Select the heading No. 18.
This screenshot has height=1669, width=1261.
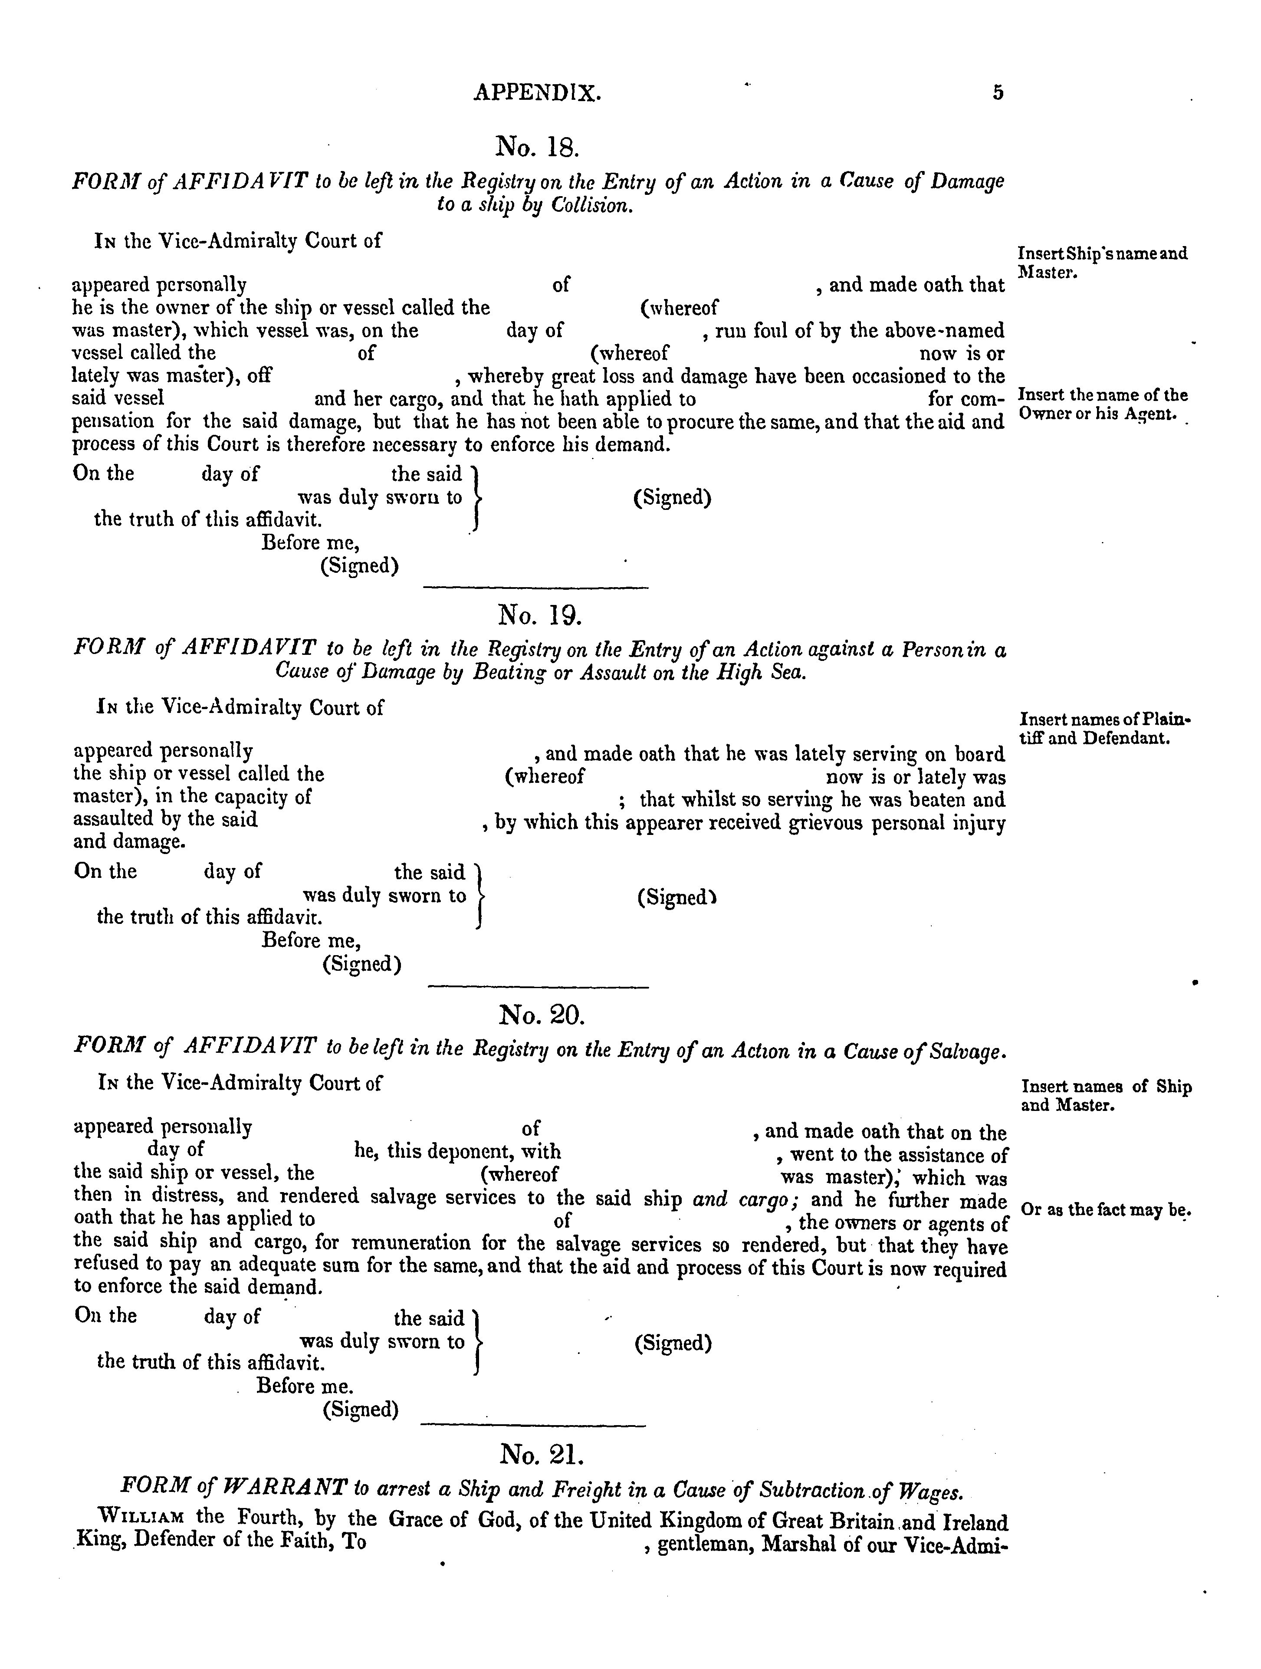[x=537, y=146]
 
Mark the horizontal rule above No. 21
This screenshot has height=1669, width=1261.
[x=533, y=1425]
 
